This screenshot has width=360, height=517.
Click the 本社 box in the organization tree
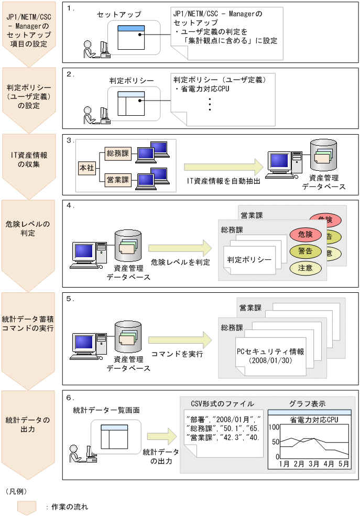pos(86,169)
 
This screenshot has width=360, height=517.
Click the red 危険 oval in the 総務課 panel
pos(305,234)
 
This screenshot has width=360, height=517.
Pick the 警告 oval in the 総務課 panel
pos(305,251)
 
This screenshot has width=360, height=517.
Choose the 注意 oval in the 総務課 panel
pos(305,268)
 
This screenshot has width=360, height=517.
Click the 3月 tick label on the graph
pos(314,464)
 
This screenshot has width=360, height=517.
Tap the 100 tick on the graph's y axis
pos(274,427)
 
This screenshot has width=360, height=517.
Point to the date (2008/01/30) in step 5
pos(270,361)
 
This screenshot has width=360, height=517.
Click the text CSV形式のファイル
pos(223,403)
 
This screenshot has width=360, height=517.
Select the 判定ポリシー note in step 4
pos(249,260)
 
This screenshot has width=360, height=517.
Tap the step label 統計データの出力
pos(28,425)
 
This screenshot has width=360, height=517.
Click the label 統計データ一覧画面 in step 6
pos(106,409)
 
